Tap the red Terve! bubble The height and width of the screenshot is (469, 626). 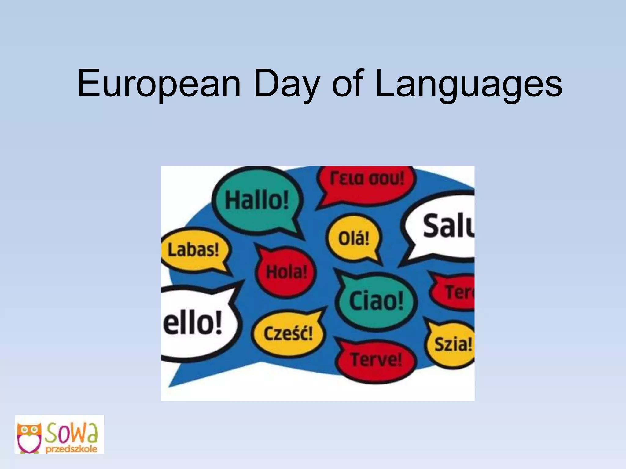(376, 360)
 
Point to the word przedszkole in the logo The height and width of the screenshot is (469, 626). (72, 449)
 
